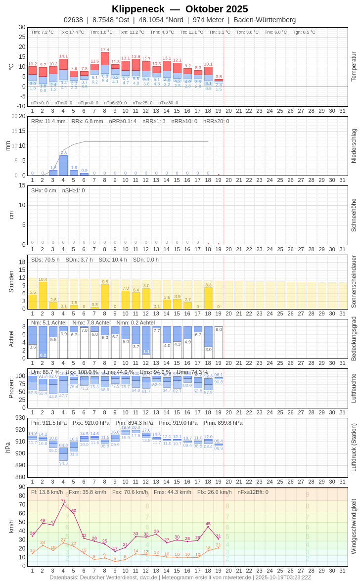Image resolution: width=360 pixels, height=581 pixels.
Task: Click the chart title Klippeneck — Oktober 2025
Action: [x=180, y=9]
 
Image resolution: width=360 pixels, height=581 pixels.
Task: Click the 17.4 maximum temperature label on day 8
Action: [x=105, y=50]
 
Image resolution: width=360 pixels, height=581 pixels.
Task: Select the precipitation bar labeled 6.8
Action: [x=63, y=166]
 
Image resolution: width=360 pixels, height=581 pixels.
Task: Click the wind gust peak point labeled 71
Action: [x=63, y=504]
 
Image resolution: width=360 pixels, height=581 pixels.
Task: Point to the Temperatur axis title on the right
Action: [x=354, y=66]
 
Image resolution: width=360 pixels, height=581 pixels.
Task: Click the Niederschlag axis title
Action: [x=354, y=146]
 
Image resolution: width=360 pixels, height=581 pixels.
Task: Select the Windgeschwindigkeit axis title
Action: [x=354, y=526]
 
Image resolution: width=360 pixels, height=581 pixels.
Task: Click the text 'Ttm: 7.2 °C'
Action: [x=43, y=32]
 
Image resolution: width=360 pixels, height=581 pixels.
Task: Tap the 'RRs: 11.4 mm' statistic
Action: [x=48, y=121]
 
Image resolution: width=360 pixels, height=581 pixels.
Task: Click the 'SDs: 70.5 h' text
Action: [x=45, y=260]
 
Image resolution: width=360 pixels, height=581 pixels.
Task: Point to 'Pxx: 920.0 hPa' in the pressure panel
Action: [x=91, y=423]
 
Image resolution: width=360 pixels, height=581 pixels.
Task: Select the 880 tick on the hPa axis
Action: [x=20, y=477]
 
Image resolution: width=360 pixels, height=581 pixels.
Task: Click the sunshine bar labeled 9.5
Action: [x=105, y=297]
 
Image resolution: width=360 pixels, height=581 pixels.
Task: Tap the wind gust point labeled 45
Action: [x=208, y=527]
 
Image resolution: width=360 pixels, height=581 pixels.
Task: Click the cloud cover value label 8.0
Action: [x=219, y=329]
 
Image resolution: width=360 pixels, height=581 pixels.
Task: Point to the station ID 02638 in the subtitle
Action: [x=73, y=20]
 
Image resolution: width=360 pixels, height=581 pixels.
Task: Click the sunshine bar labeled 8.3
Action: [x=208, y=298]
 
